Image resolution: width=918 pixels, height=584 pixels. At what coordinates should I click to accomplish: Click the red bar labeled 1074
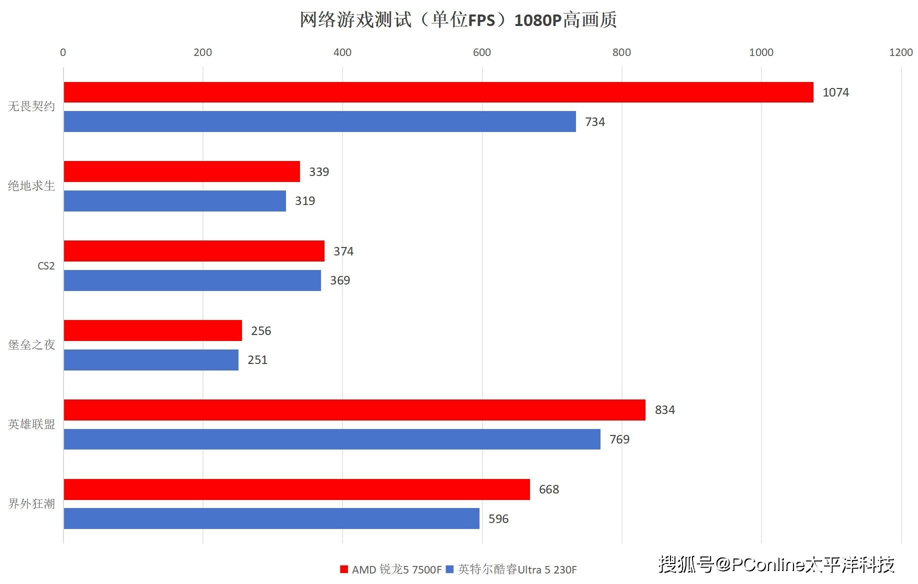[438, 92]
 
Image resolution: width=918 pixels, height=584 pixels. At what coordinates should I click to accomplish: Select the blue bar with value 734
[320, 121]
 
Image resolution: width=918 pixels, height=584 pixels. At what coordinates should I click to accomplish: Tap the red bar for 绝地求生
[182, 171]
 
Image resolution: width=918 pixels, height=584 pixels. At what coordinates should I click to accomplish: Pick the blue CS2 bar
[192, 280]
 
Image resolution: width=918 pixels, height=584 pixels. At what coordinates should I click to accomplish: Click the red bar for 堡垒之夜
[153, 330]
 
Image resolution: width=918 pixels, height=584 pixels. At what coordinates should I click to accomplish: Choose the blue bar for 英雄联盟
[332, 439]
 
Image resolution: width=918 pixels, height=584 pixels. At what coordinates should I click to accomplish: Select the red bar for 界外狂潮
[297, 489]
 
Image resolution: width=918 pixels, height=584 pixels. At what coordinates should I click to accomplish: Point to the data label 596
[498, 519]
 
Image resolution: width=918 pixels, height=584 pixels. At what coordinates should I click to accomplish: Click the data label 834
[664, 410]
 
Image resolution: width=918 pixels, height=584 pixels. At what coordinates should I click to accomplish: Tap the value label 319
[305, 201]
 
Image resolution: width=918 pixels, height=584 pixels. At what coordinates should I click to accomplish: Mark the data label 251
[257, 360]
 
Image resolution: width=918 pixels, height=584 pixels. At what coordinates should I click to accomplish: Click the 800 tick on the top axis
[621, 52]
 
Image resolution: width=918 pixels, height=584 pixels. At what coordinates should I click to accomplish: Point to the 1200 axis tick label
[900, 52]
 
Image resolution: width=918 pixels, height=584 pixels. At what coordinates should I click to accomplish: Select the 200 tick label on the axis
[202, 52]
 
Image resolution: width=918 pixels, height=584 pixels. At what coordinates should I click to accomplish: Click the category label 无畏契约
[31, 106]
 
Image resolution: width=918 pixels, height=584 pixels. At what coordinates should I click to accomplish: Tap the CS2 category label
[46, 266]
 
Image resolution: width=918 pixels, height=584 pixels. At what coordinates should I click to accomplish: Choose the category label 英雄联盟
[31, 424]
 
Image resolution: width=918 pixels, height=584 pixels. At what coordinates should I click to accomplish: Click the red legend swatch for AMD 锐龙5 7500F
[344, 569]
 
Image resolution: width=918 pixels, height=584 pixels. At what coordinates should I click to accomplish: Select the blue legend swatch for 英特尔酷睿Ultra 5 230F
[449, 569]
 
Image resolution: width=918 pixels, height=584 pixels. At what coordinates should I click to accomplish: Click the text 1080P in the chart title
[538, 20]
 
